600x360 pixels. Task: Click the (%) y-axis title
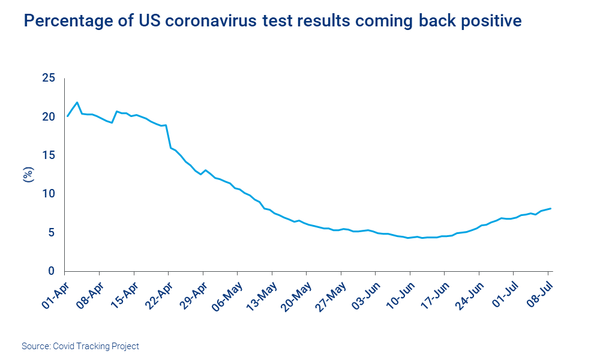pos(28,175)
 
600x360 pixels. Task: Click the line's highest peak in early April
pos(77,103)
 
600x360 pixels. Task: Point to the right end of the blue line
pos(551,208)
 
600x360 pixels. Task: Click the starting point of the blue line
pos(67,116)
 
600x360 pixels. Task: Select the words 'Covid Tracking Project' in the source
pos(96,346)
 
